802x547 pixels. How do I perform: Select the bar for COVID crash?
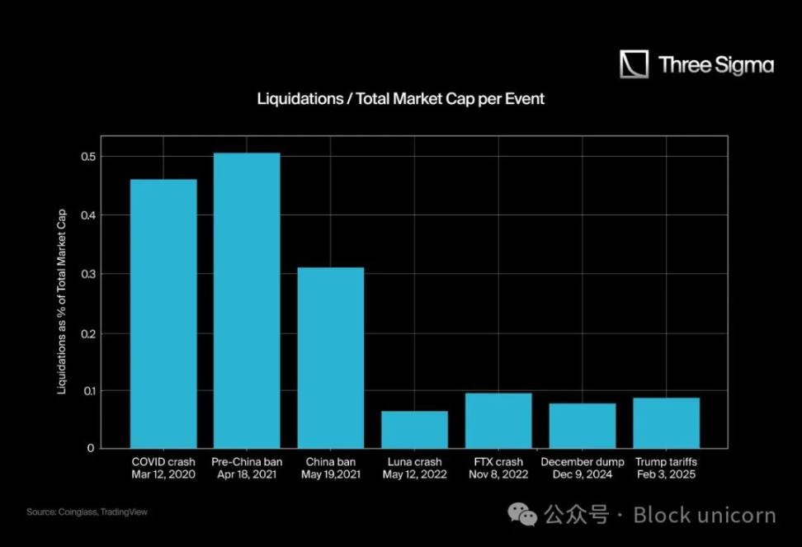[x=163, y=314]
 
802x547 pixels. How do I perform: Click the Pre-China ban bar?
[x=247, y=300]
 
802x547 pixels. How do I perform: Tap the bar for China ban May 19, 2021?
[x=331, y=357]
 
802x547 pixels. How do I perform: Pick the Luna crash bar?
[x=414, y=429]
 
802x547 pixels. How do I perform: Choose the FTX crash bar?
[x=498, y=420]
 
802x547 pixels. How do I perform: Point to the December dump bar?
[x=583, y=425]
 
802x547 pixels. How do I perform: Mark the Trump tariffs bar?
[x=666, y=422]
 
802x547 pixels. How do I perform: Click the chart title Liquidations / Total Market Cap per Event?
[x=401, y=99]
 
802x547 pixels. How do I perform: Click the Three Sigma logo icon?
[x=634, y=64]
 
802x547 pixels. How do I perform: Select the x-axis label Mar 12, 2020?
[x=163, y=474]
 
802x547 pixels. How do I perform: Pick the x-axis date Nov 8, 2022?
[x=498, y=474]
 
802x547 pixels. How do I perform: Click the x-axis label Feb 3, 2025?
[x=666, y=474]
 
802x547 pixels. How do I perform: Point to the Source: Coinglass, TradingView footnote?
[x=87, y=512]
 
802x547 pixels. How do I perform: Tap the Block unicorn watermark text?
[x=704, y=516]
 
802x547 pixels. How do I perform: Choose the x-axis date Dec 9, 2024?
[x=583, y=474]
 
